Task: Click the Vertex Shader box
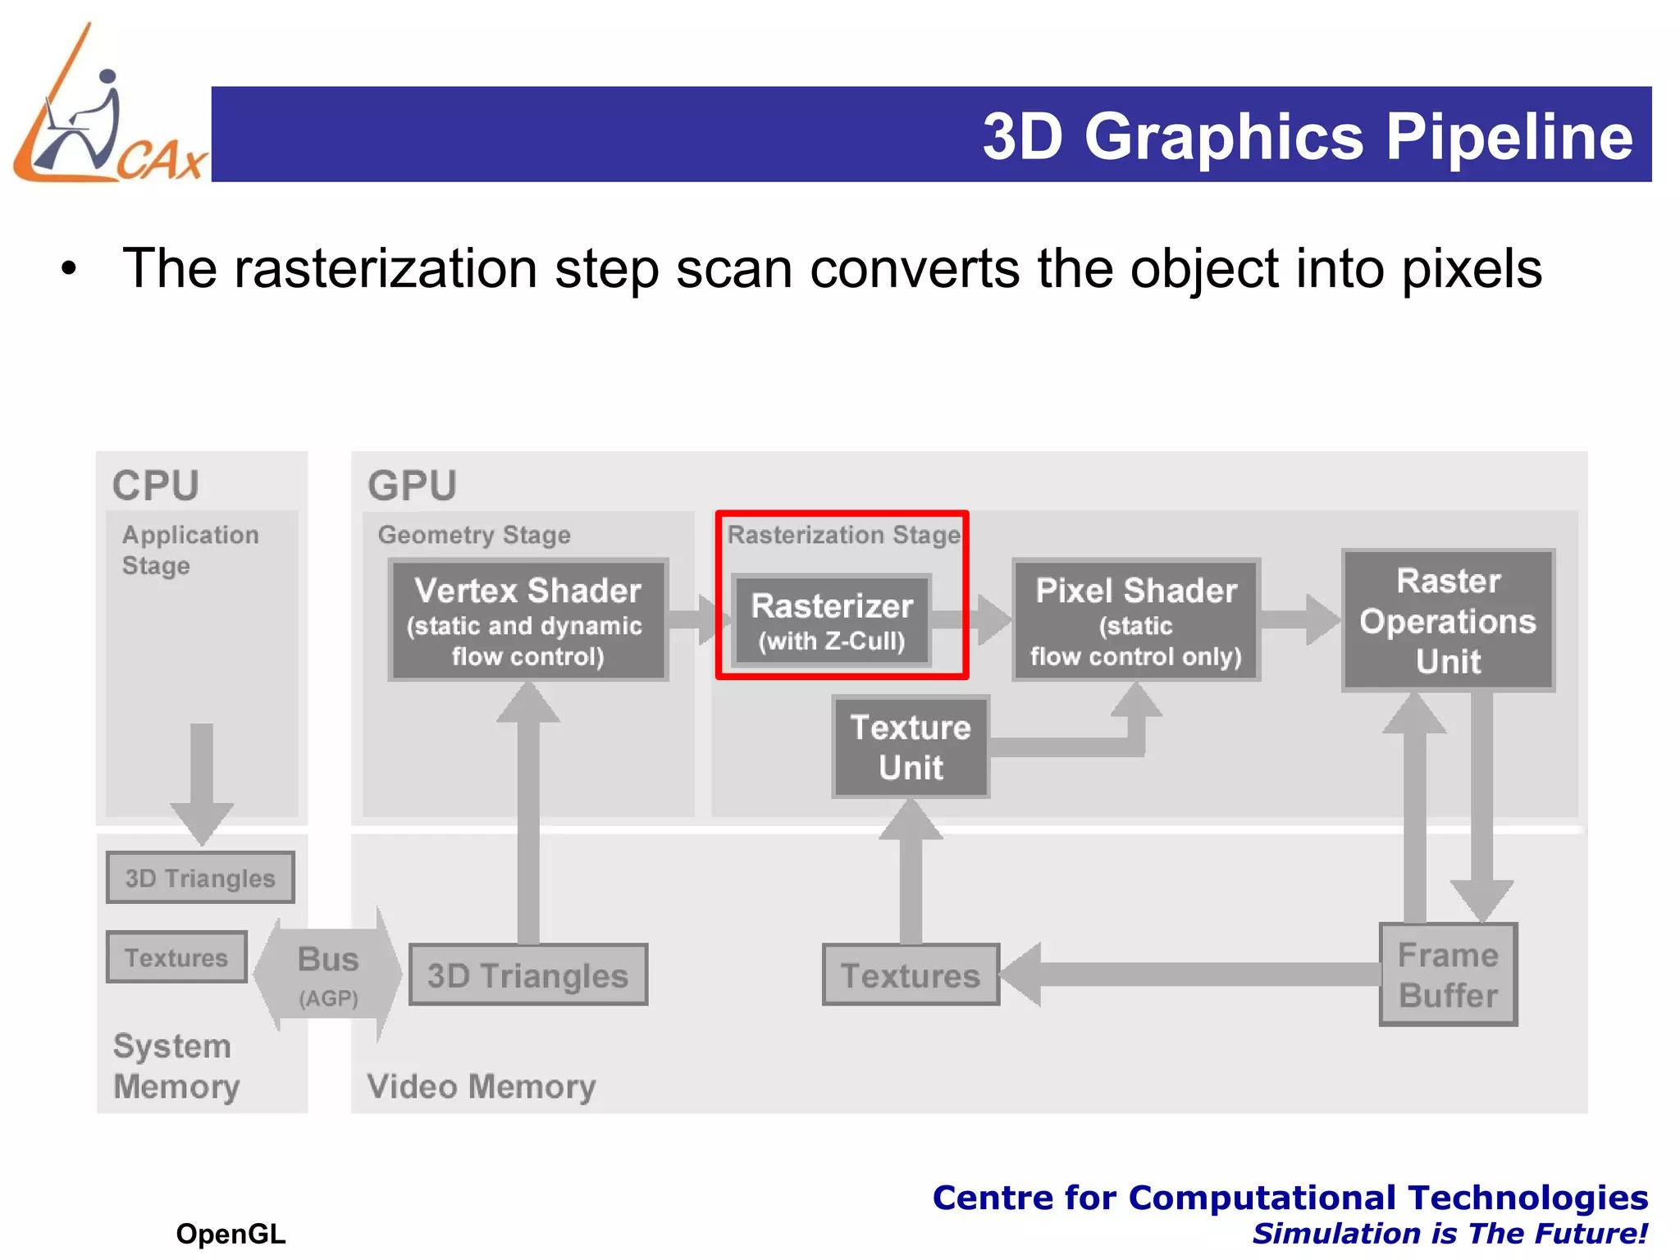(528, 620)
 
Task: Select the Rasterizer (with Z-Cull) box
(831, 620)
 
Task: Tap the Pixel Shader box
(1136, 620)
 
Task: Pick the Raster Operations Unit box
(1448, 620)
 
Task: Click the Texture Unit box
(911, 746)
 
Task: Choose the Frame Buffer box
(1448, 975)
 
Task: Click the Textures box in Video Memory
(911, 975)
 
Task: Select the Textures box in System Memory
(176, 956)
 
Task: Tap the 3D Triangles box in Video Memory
(528, 975)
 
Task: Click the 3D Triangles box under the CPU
(200, 877)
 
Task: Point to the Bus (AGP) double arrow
(328, 975)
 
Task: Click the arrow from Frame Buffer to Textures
(1189, 975)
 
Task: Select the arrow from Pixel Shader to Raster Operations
(1301, 619)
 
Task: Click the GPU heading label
(412, 485)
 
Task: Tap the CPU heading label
(156, 485)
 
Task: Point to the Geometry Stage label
(474, 535)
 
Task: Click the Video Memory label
(482, 1086)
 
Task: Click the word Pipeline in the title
(1509, 136)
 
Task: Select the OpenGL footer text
(231, 1233)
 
